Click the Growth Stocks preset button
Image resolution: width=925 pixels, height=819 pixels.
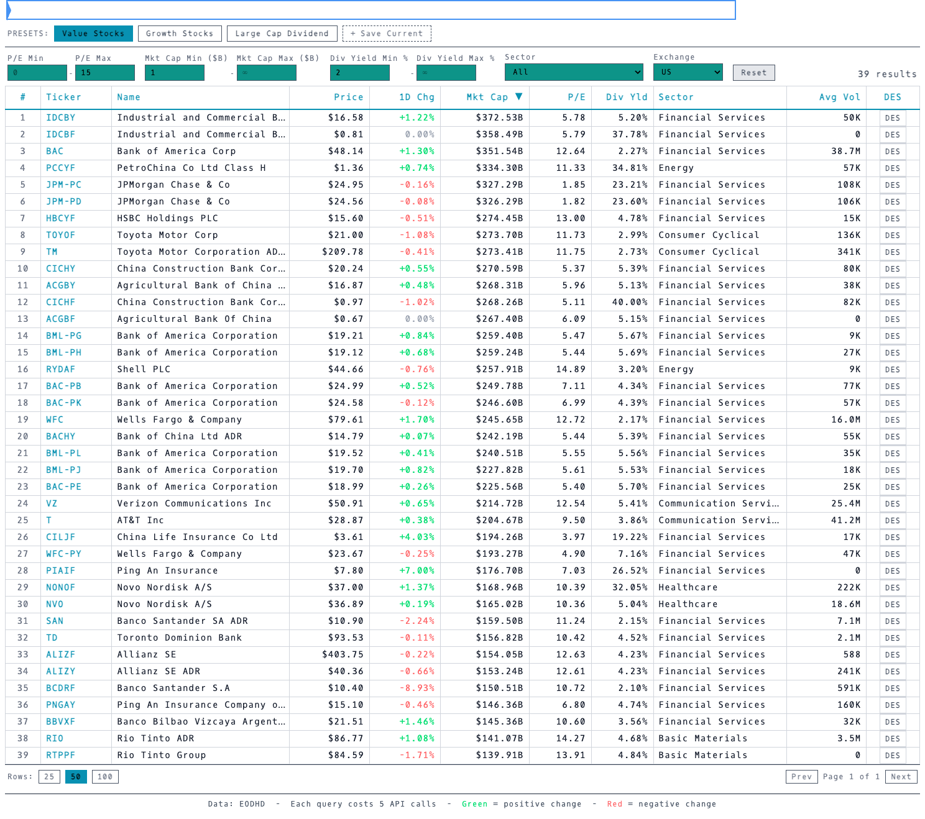pyautogui.click(x=179, y=34)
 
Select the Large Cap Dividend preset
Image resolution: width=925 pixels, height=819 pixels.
pyautogui.click(x=282, y=34)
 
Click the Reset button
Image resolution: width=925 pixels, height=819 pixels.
pyautogui.click(x=753, y=73)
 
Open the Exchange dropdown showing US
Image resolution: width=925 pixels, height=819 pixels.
pyautogui.click(x=688, y=72)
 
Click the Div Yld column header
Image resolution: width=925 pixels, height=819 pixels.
pyautogui.click(x=627, y=97)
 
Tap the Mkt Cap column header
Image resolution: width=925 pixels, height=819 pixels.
pyautogui.click(x=487, y=97)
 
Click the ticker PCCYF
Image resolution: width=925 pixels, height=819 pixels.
pyautogui.click(x=60, y=168)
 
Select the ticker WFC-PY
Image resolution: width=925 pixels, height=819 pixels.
pyautogui.click(x=63, y=554)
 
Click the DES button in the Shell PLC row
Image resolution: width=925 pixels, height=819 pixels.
pyautogui.click(x=892, y=370)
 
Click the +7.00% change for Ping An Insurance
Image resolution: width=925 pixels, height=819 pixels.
pyautogui.click(x=416, y=570)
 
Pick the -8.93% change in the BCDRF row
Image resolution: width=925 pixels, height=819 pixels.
pyautogui.click(x=416, y=688)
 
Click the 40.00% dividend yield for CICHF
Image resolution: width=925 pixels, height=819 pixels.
pyautogui.click(x=630, y=302)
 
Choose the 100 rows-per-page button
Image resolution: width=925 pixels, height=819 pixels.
pyautogui.click(x=105, y=776)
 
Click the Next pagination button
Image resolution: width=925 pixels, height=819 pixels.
pyautogui.click(x=900, y=776)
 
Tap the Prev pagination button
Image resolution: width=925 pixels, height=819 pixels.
pyautogui.click(x=801, y=776)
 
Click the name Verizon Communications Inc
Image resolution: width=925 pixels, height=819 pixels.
pyautogui.click(x=194, y=503)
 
